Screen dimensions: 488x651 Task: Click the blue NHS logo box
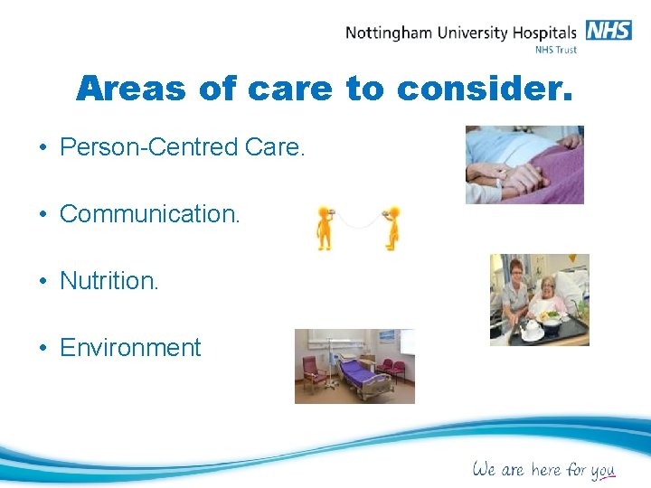pos(609,30)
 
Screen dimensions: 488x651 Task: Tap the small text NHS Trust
pos(556,50)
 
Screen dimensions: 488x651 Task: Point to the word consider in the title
pos(484,89)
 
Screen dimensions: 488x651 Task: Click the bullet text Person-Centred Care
pos(182,147)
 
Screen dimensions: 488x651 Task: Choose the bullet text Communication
pos(149,214)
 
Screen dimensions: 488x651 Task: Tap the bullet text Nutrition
pos(108,281)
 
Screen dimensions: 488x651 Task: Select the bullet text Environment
pos(129,348)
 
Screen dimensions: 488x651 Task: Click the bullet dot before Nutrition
pos(43,281)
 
